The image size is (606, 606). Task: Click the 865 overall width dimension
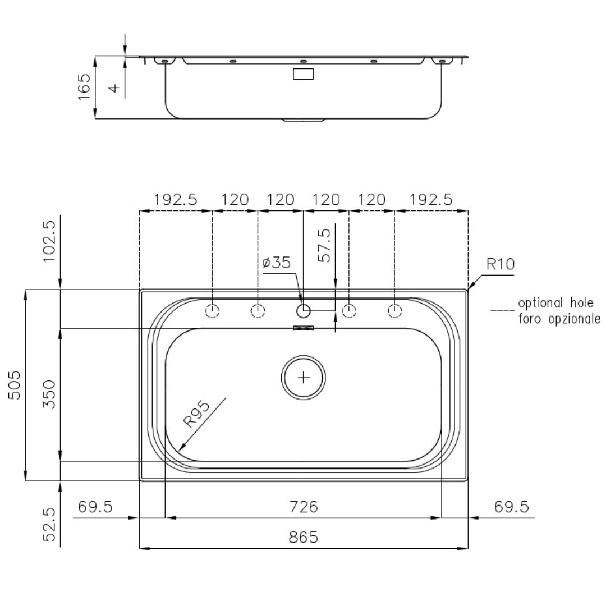pyautogui.click(x=304, y=537)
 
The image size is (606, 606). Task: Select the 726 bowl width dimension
pyautogui.click(x=304, y=506)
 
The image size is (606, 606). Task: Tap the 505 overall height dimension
pyautogui.click(x=15, y=385)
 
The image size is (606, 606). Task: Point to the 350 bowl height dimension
pyautogui.click(x=49, y=394)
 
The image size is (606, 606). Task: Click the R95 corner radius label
pyautogui.click(x=196, y=414)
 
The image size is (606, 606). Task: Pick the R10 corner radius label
pyautogui.click(x=501, y=264)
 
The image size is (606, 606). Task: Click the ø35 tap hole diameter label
pyautogui.click(x=276, y=263)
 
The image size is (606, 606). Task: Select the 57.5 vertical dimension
pyautogui.click(x=324, y=246)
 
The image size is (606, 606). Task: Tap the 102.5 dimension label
pyautogui.click(x=49, y=241)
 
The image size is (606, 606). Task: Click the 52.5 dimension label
pyautogui.click(x=49, y=525)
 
